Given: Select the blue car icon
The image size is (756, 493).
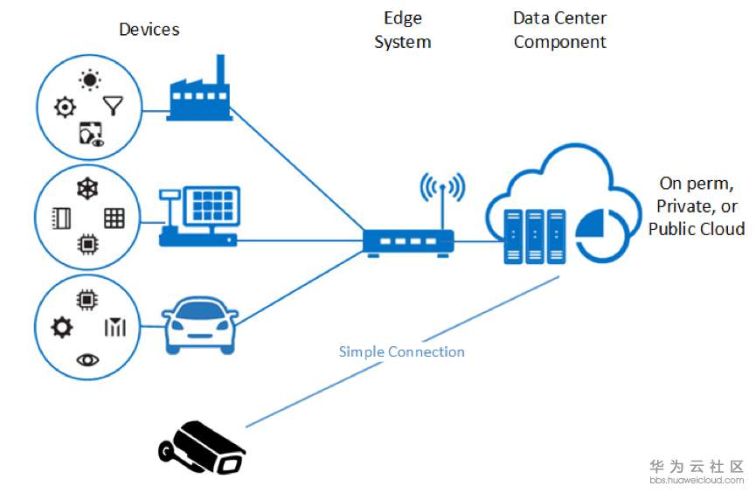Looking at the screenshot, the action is coord(200,326).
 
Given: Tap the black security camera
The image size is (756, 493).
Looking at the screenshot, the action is coord(202,448).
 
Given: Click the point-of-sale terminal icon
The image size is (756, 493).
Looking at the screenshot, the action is coord(199,216).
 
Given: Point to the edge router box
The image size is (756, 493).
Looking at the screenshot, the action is coord(408,241).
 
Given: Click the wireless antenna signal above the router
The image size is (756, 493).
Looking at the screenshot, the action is coord(442,189).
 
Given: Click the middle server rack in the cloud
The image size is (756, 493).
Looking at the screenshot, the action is coord(534,236).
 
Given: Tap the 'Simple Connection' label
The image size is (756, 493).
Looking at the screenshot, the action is coord(402,352).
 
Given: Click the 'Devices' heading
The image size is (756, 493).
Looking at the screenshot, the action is coord(149,30).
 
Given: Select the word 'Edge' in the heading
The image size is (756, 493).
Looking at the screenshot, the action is coord(403,17).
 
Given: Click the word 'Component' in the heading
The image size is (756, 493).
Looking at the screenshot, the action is coord(559,42).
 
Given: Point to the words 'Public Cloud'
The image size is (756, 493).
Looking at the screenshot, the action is coord(697,229).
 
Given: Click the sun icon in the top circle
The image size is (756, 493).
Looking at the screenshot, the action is coord(90,80).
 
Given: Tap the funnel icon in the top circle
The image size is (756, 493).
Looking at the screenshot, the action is coord(114,106).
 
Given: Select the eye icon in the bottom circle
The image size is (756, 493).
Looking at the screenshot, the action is coord(87,360).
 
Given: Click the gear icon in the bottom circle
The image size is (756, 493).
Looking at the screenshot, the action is coord(62,328).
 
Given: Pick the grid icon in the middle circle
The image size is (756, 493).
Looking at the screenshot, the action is coord(114,218).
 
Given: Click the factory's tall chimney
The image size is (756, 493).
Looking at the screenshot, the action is coord(220,73).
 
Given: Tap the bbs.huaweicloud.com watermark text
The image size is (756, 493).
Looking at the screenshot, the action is coord(697,480).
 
